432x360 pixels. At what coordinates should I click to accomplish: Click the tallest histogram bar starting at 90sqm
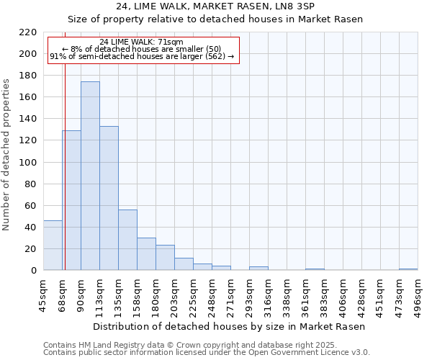(90, 176)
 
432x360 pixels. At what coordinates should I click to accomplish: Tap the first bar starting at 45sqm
(53, 246)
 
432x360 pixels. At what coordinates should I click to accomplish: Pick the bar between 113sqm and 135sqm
(109, 198)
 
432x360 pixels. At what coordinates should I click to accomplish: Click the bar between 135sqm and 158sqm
(127, 240)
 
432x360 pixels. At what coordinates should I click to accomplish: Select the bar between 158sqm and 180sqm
(146, 254)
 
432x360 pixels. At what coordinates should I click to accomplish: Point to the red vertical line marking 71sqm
(65, 144)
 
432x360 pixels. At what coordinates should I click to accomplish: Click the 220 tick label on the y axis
(27, 32)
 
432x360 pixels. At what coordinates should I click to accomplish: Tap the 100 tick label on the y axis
(27, 163)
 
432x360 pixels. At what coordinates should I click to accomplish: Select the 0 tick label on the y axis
(33, 271)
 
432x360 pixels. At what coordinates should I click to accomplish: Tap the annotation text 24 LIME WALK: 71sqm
(142, 42)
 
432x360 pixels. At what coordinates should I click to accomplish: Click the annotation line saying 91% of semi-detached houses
(142, 56)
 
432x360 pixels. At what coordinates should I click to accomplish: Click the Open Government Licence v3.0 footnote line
(207, 353)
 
